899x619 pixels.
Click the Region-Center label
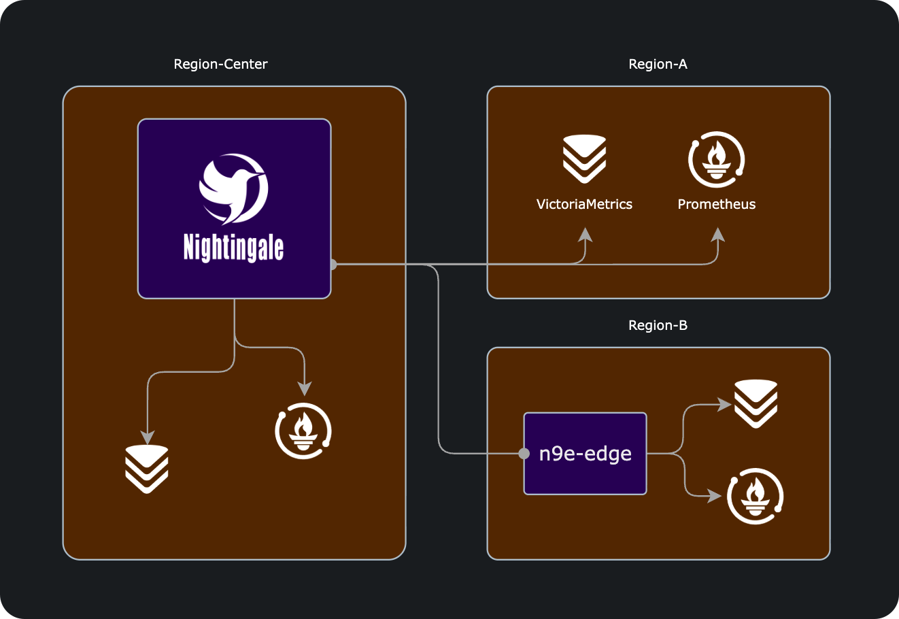tap(221, 64)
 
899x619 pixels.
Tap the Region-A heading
tap(658, 64)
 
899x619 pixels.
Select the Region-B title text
tap(658, 325)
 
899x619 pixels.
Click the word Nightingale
tap(233, 247)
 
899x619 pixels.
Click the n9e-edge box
tap(585, 453)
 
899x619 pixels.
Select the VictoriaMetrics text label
tap(584, 204)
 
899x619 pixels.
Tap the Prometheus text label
tap(717, 204)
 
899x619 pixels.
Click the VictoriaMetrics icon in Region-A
tap(584, 158)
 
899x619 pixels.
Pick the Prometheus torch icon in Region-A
tap(717, 161)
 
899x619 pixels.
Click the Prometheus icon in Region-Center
tap(303, 431)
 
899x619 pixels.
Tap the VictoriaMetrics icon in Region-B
tap(756, 403)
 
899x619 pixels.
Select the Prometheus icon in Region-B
tap(755, 496)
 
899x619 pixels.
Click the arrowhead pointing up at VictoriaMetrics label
tap(585, 235)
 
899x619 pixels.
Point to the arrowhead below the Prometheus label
tap(717, 235)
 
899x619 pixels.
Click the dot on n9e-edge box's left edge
tap(524, 453)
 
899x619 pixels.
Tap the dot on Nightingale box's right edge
tap(333, 264)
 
